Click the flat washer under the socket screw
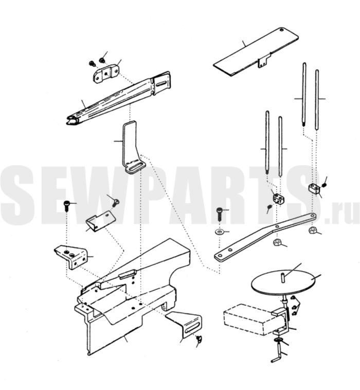tap(219, 232)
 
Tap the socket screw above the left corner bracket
tap(66, 206)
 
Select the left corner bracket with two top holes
tap(71, 257)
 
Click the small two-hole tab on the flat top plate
tap(262, 62)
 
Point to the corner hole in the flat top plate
tap(281, 30)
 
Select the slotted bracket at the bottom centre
tap(185, 325)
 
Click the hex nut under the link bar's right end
tap(312, 231)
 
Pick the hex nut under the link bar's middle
tap(277, 242)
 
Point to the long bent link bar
tap(265, 238)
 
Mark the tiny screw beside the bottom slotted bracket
tap(199, 338)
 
